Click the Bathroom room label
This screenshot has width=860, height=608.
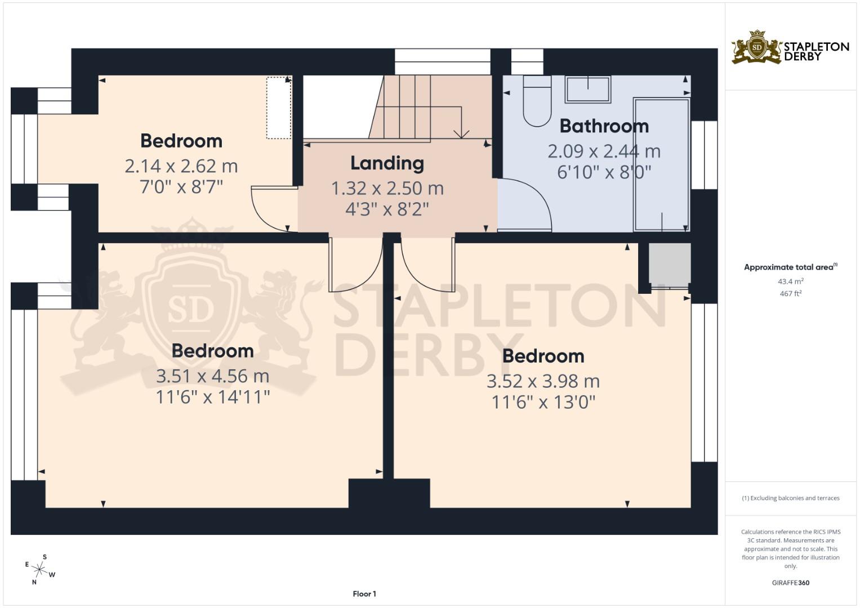tap(604, 126)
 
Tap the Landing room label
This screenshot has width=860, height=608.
tap(387, 163)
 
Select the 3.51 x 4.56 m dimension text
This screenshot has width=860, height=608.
tap(212, 376)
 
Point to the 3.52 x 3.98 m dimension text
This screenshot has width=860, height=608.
tap(543, 381)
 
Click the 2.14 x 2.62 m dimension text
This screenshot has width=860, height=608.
tap(181, 166)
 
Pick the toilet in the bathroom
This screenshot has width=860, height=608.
tap(537, 101)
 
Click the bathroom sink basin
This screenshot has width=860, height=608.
tap(588, 90)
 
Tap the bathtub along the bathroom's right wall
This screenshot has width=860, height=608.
tap(661, 164)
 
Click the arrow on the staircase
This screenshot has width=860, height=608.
tap(461, 133)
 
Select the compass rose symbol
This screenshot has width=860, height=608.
tap(40, 569)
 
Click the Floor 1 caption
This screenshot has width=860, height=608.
tap(364, 594)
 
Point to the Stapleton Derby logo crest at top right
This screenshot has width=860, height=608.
tap(756, 47)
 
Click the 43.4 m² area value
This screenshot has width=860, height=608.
tap(790, 281)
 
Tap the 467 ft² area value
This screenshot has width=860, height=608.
tap(790, 293)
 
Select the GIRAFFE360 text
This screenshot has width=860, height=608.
tap(790, 583)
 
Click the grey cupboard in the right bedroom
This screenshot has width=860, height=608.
tap(669, 263)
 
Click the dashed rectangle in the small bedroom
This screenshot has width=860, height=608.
tap(278, 108)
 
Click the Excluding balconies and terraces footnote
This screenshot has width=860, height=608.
tap(790, 498)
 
